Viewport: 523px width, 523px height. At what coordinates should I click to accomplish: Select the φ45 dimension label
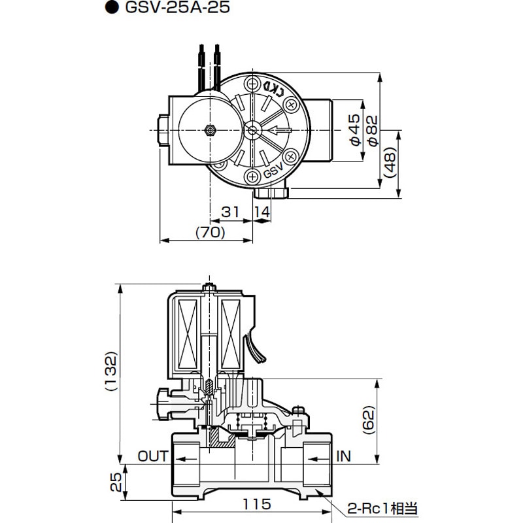point(354,129)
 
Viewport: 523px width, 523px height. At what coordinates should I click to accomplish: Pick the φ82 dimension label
point(372,129)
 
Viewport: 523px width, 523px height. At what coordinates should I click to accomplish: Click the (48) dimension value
point(390,162)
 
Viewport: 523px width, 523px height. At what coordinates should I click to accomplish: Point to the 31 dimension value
point(229,211)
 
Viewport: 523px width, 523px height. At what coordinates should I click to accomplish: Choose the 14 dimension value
point(261,211)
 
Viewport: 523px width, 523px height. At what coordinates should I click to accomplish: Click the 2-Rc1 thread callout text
point(382,508)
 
